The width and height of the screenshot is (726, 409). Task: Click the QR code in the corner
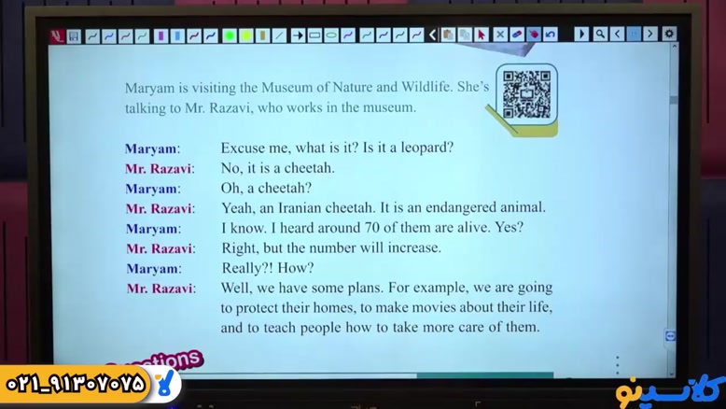click(526, 94)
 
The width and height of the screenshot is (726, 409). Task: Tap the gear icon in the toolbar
click(668, 34)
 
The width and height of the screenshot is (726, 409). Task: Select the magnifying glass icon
click(600, 34)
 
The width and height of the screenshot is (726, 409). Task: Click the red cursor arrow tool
click(482, 35)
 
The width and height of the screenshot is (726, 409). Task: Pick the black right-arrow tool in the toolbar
click(298, 35)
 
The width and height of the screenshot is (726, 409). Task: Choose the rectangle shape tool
click(314, 35)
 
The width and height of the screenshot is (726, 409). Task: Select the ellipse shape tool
click(331, 35)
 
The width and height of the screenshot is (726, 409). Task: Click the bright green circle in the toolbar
click(230, 35)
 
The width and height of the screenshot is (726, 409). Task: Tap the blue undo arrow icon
click(550, 35)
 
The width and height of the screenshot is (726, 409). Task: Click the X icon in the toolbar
click(500, 35)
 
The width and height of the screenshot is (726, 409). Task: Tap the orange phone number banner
click(76, 384)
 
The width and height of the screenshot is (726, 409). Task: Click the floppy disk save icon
click(73, 36)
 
